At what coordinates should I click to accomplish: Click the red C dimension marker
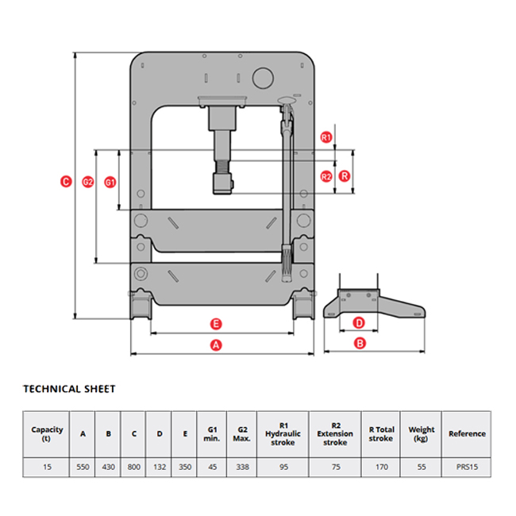[x=66, y=182]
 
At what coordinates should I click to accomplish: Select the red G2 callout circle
[x=88, y=182]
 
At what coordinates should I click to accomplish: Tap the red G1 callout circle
[x=110, y=182]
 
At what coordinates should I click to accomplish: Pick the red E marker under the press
[x=215, y=323]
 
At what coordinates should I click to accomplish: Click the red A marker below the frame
[x=215, y=345]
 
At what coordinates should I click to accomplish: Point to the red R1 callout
[x=325, y=137]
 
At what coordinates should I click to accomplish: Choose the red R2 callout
[x=325, y=176]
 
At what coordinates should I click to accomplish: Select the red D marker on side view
[x=359, y=323]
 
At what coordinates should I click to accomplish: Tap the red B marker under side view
[x=359, y=344]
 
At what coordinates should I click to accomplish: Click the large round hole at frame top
[x=262, y=77]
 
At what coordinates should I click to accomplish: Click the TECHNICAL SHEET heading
[x=69, y=389]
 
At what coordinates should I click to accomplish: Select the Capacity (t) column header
[x=47, y=434]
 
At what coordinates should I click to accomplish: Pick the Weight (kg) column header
[x=422, y=434]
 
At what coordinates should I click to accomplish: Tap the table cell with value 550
[x=83, y=468]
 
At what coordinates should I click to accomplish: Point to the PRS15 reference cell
[x=467, y=468]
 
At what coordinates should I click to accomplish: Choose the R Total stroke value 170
[x=381, y=468]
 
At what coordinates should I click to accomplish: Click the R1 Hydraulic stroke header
[x=283, y=434]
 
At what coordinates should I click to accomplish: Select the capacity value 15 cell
[x=47, y=468]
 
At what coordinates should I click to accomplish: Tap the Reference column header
[x=467, y=434]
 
